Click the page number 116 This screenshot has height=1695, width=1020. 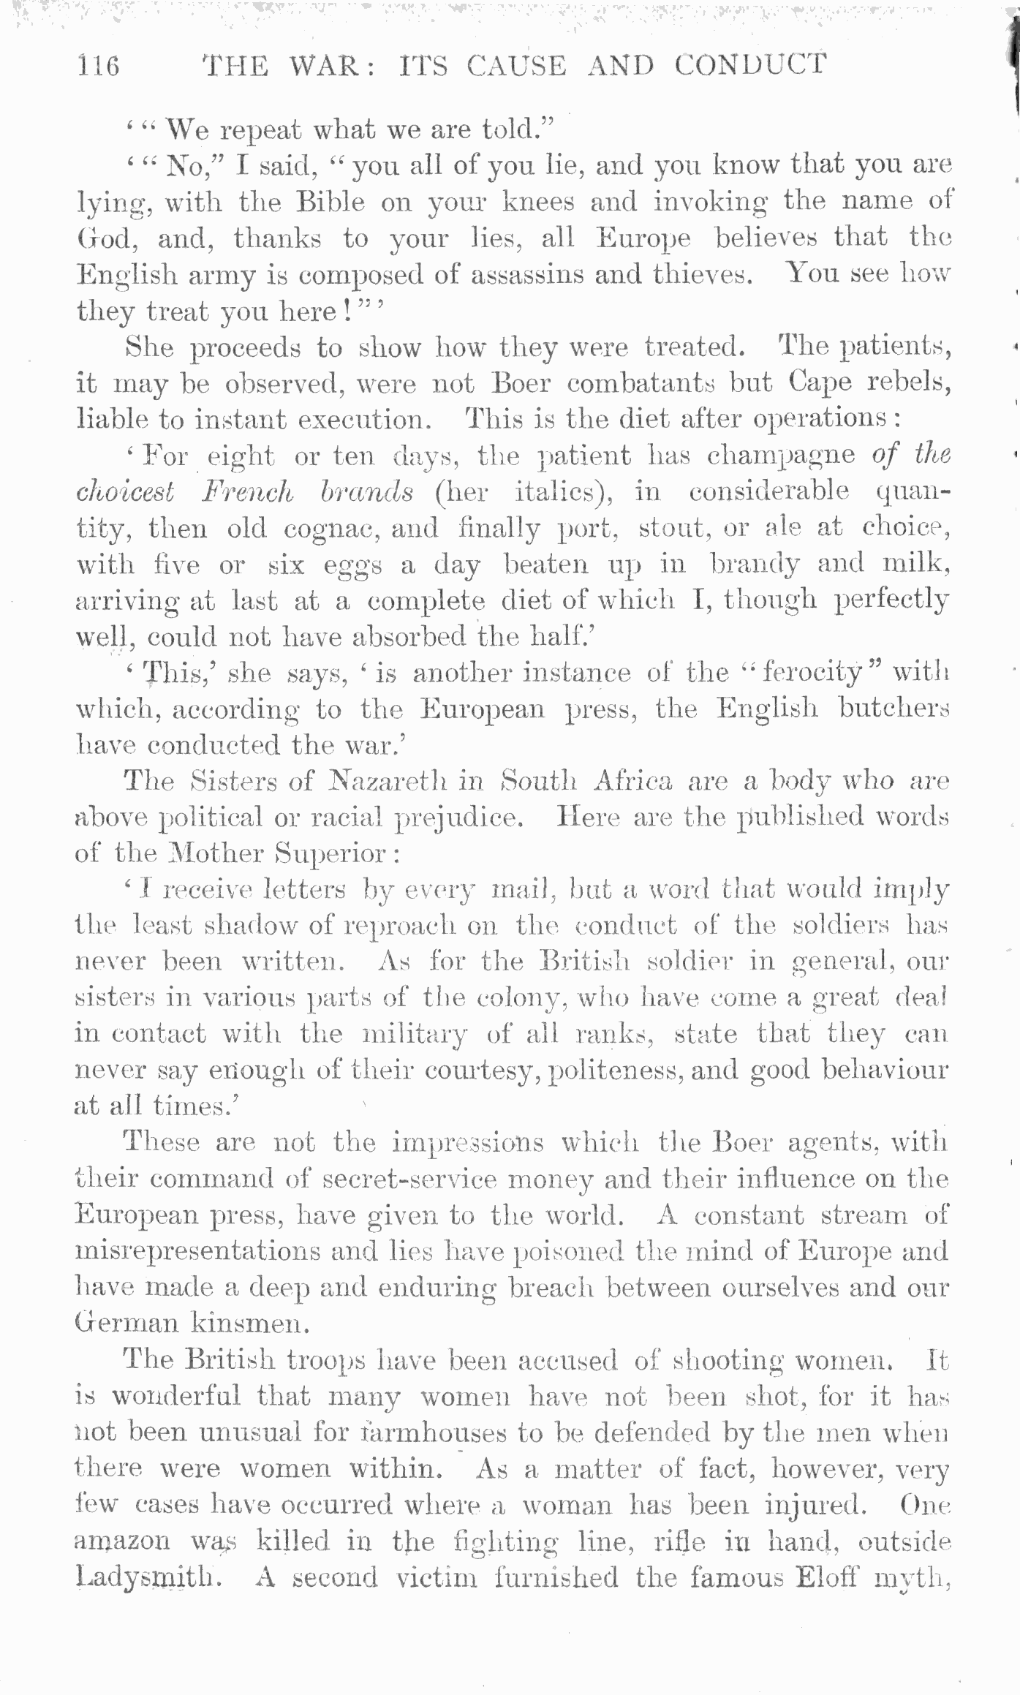[x=98, y=66]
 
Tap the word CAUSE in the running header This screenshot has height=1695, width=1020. [x=516, y=65]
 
